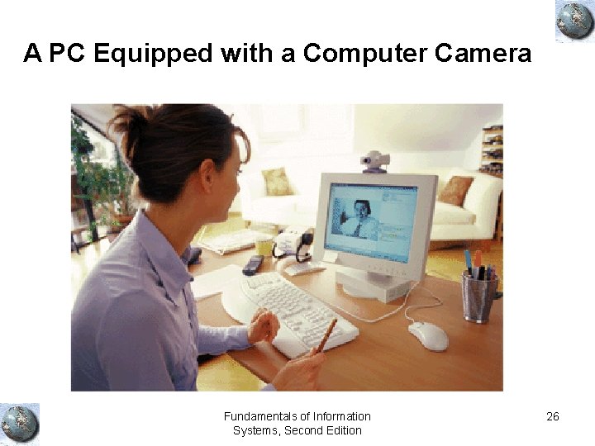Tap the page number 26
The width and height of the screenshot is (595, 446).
[553, 416]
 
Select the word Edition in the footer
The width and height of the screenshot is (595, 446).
[343, 430]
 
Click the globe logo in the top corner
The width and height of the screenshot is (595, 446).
[574, 21]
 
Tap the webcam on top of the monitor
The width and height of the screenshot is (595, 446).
[375, 161]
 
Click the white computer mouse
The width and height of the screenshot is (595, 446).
[428, 335]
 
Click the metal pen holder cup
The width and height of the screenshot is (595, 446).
[479, 297]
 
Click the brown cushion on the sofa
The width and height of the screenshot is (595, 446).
[455, 191]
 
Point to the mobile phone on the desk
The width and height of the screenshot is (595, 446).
[253, 264]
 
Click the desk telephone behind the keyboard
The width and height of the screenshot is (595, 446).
[293, 242]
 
